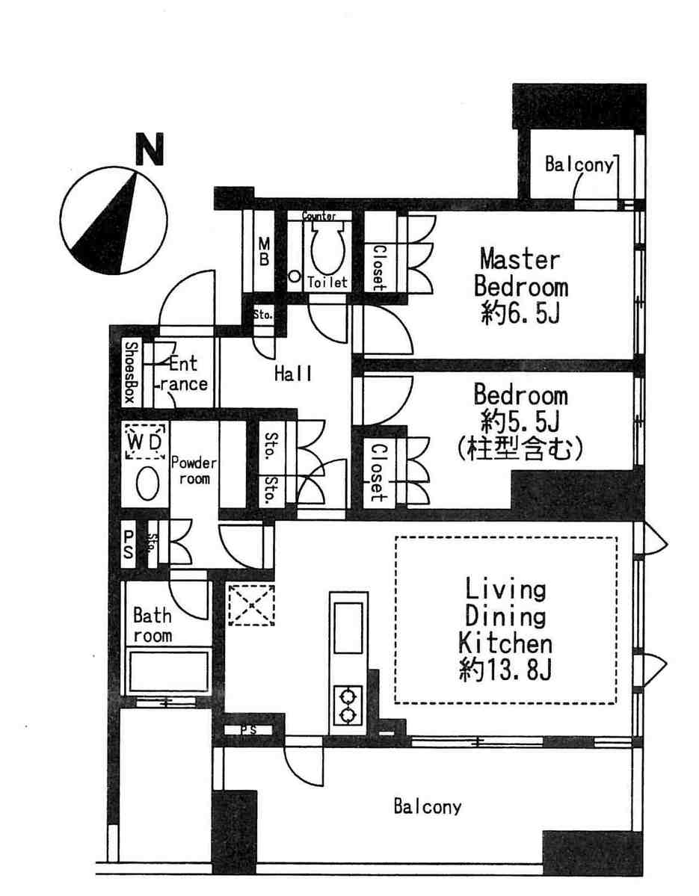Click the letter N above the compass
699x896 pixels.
(x=150, y=149)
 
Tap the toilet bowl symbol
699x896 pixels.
(x=327, y=247)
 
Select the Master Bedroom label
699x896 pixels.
(x=520, y=274)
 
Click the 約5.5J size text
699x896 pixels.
(x=520, y=422)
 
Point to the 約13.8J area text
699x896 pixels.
(x=505, y=669)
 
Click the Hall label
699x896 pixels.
(x=293, y=374)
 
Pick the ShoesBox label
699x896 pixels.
(x=131, y=373)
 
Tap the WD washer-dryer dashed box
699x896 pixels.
(x=145, y=441)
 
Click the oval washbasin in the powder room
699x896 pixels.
(x=147, y=483)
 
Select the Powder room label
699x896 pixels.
(x=194, y=470)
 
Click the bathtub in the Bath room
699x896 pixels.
(x=168, y=672)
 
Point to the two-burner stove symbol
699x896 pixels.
(x=346, y=705)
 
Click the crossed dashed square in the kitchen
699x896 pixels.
(x=250, y=604)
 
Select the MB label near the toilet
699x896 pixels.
(x=263, y=251)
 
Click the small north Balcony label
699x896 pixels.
(x=579, y=164)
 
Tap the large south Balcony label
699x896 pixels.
(x=427, y=806)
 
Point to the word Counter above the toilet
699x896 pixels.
(x=319, y=216)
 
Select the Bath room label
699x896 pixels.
(x=152, y=625)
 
